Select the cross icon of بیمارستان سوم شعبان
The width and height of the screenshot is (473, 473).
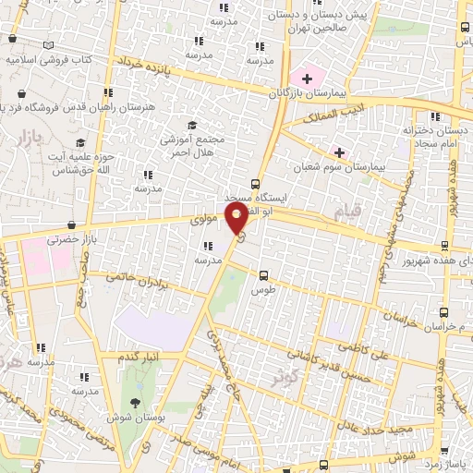339,152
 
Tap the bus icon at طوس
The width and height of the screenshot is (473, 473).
264,274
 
